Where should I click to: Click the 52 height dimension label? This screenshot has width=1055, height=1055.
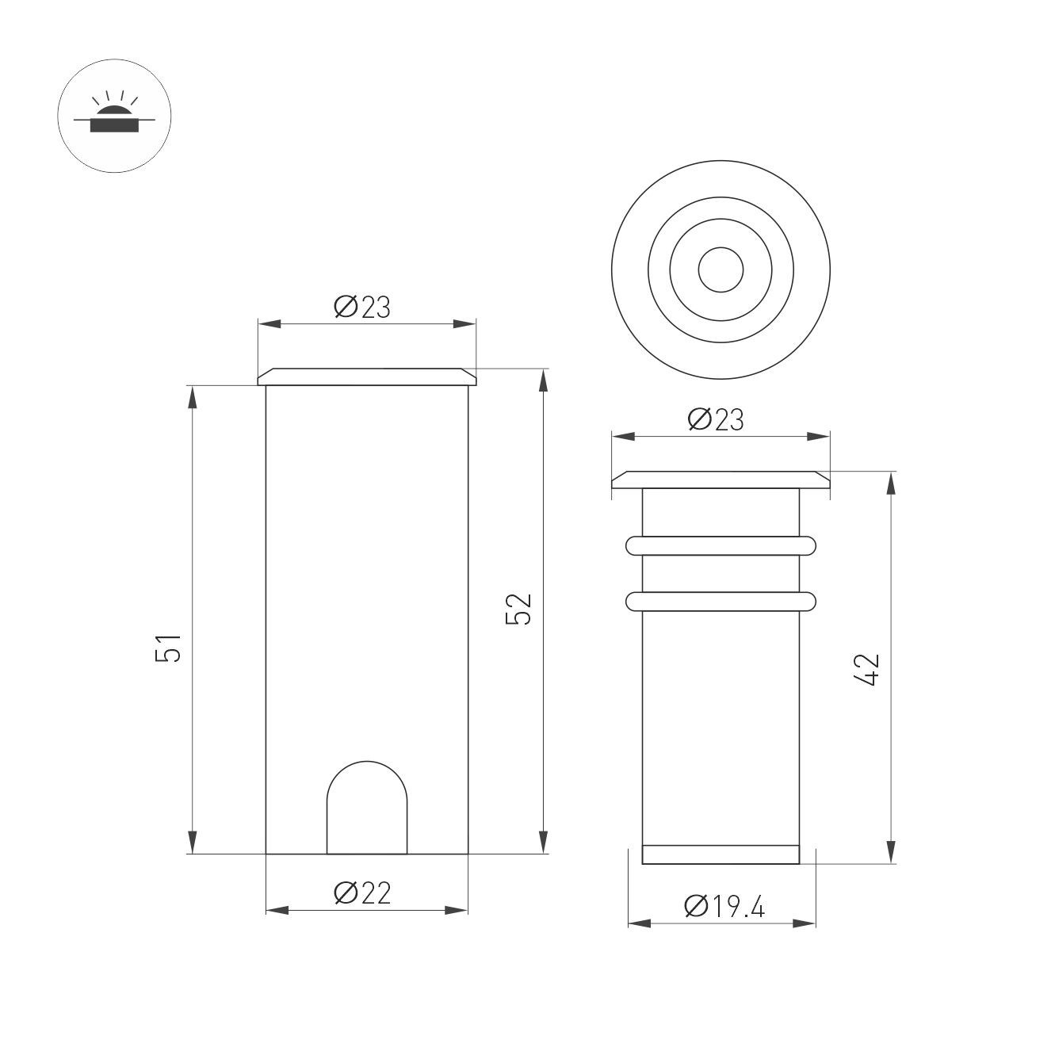(x=519, y=609)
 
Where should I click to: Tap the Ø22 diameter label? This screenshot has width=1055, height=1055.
(x=363, y=893)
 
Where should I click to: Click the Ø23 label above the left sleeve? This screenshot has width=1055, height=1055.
(x=363, y=307)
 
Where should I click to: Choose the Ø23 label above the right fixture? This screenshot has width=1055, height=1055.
(x=716, y=419)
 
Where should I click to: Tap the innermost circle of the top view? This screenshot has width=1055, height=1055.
(x=721, y=269)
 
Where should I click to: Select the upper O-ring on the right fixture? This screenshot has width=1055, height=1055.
(x=721, y=545)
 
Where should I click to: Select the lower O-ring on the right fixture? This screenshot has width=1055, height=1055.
(x=721, y=602)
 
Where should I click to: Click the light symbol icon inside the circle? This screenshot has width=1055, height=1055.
(x=114, y=115)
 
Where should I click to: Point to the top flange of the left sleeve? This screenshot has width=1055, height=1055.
(x=367, y=377)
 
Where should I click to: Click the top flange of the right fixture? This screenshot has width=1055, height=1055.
(x=721, y=480)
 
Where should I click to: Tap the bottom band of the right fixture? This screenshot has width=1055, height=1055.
(x=721, y=854)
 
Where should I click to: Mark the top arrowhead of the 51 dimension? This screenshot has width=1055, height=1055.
(x=192, y=396)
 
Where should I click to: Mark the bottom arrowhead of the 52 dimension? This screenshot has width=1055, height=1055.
(x=543, y=842)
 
